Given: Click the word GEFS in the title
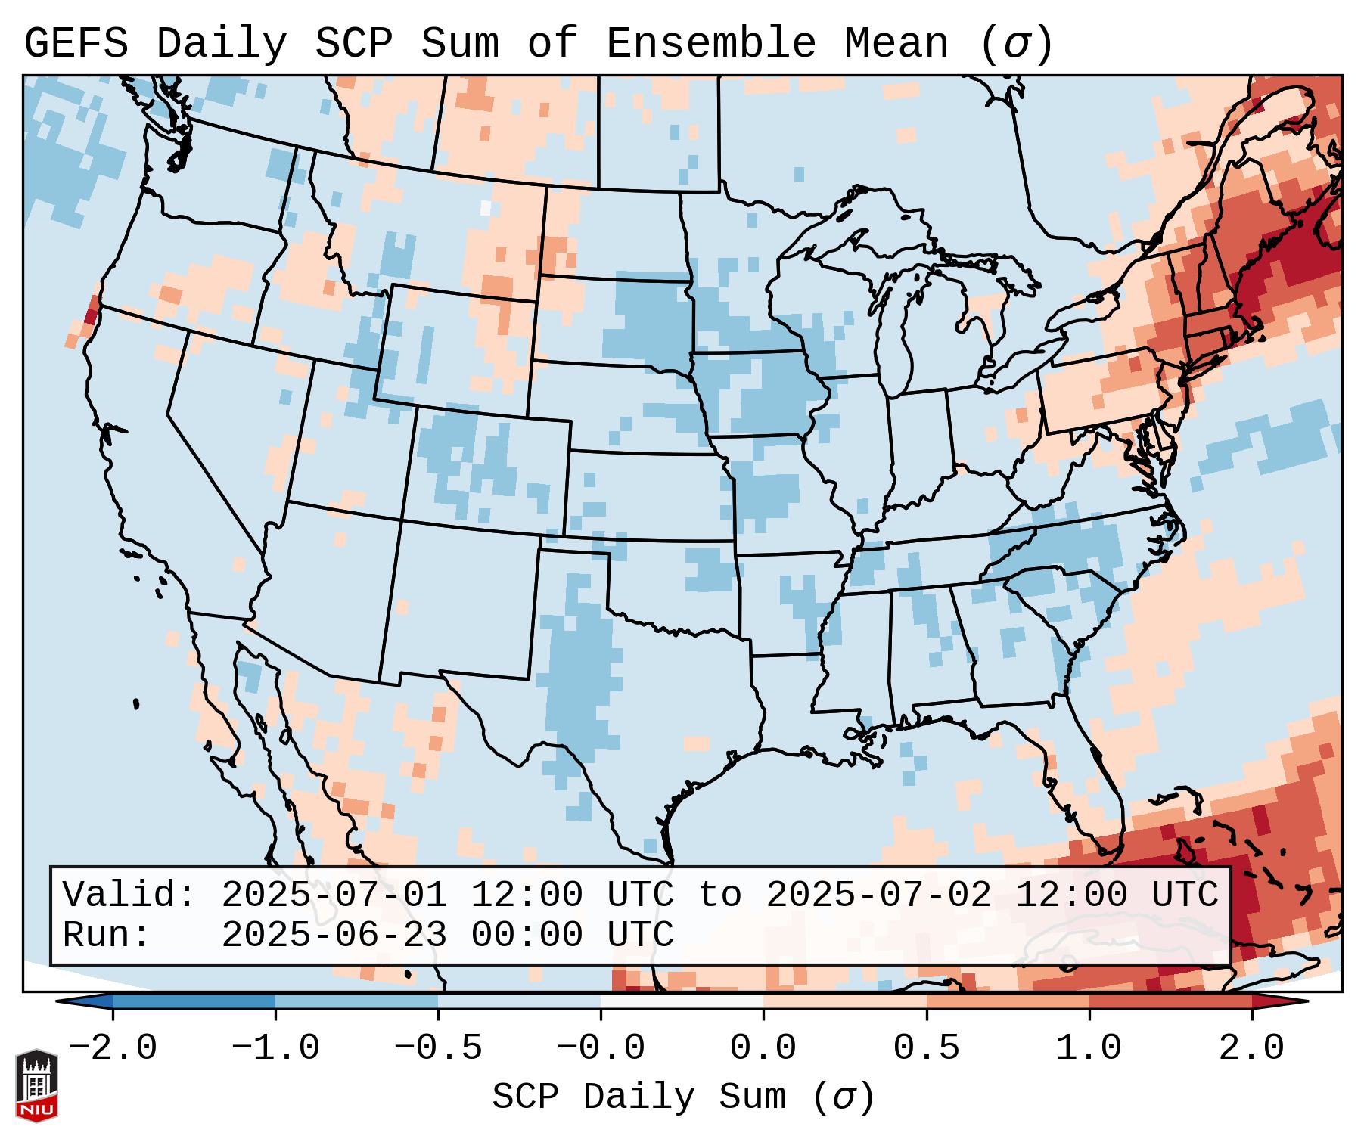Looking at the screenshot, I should click(x=76, y=44).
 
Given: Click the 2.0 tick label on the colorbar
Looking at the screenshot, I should click(x=1251, y=1048).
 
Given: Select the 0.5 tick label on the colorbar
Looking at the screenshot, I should click(x=926, y=1048).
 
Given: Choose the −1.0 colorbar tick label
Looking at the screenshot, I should click(x=275, y=1048).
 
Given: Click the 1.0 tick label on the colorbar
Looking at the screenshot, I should click(x=1089, y=1048).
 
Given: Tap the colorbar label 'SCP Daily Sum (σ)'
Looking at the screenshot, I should click(x=682, y=1097).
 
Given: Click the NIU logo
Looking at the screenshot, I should click(x=36, y=1085).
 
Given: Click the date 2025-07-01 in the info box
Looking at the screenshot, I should click(x=334, y=895).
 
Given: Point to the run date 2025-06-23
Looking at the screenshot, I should click(x=334, y=936).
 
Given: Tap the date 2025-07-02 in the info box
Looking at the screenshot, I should click(x=878, y=895).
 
